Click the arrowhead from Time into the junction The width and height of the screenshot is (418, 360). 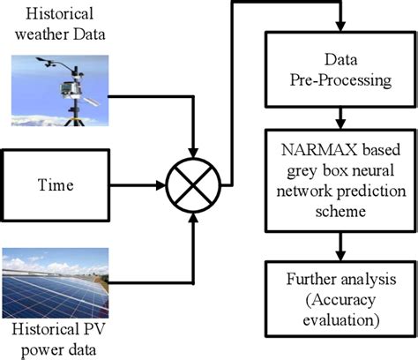click(x=165, y=186)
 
